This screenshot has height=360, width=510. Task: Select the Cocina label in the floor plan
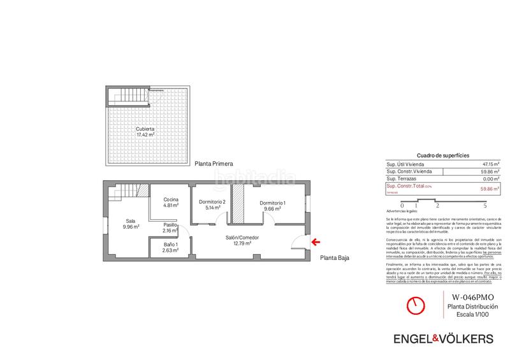(x=171, y=199)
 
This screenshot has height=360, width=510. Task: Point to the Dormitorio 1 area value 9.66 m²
(x=272, y=208)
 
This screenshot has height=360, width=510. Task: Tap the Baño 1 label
(x=168, y=245)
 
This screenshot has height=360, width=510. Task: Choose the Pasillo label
(x=170, y=224)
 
